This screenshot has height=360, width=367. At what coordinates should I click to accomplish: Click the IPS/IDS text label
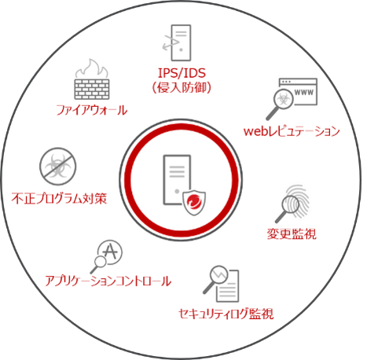pyautogui.click(x=182, y=73)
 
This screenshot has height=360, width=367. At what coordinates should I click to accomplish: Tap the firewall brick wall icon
pyautogui.click(x=92, y=90)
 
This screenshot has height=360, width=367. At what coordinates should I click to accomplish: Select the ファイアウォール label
pyautogui.click(x=92, y=110)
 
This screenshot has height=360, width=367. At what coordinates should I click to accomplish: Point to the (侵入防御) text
pyautogui.click(x=182, y=87)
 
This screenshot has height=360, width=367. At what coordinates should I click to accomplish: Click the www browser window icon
pyautogui.click(x=298, y=91)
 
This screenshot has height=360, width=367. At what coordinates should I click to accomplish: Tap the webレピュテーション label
pyautogui.click(x=292, y=131)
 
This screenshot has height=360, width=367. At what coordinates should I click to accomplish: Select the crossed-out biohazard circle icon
pyautogui.click(x=58, y=167)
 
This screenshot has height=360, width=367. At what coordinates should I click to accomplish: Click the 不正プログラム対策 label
pyautogui.click(x=59, y=199)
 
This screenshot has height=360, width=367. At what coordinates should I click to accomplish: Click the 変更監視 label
pyautogui.click(x=292, y=233)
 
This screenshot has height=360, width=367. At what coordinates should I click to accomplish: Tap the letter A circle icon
pyautogui.click(x=110, y=252)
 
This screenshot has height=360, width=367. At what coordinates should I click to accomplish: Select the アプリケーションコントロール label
pyautogui.click(x=108, y=281)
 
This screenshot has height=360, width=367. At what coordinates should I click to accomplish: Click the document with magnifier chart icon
pyautogui.click(x=222, y=284)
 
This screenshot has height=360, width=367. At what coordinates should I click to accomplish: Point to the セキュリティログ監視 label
pyautogui.click(x=226, y=314)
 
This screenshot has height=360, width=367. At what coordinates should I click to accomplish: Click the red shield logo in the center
pyautogui.click(x=194, y=203)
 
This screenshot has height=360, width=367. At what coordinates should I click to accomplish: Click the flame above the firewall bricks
pyautogui.click(x=92, y=68)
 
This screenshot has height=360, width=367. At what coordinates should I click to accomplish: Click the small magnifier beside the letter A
pyautogui.click(x=98, y=264)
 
